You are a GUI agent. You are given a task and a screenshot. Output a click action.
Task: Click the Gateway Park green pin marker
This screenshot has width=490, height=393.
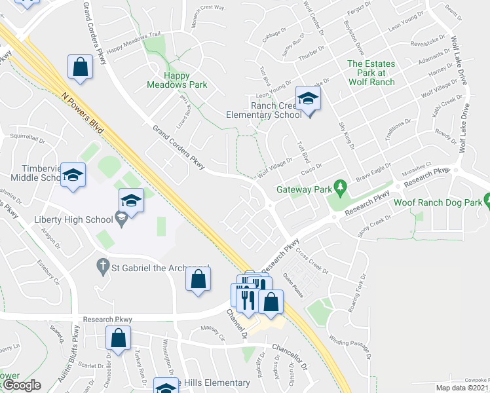tap(339, 188)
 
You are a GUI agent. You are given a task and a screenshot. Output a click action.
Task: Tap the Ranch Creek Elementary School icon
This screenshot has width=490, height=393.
tap(306, 100)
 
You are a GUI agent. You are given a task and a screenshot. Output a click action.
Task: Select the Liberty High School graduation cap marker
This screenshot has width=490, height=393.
tap(131, 200)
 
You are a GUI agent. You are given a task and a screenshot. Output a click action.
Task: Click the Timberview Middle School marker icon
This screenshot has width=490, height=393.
tap(73, 175)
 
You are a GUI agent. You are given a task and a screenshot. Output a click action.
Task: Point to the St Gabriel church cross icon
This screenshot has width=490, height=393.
tap(102, 266)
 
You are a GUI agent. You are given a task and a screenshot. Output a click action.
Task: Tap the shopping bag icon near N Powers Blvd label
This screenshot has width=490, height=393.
tap(79, 67)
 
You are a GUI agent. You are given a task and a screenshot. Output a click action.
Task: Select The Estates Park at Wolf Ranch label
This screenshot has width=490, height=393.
tap(371, 73)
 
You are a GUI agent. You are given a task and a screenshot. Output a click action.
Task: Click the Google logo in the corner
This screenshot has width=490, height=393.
tap(21, 385)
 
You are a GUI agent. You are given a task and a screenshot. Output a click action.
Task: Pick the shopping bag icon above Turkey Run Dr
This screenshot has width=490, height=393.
tap(118, 339)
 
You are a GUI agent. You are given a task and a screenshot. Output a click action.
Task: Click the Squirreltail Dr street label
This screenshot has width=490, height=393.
tap(29, 138)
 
